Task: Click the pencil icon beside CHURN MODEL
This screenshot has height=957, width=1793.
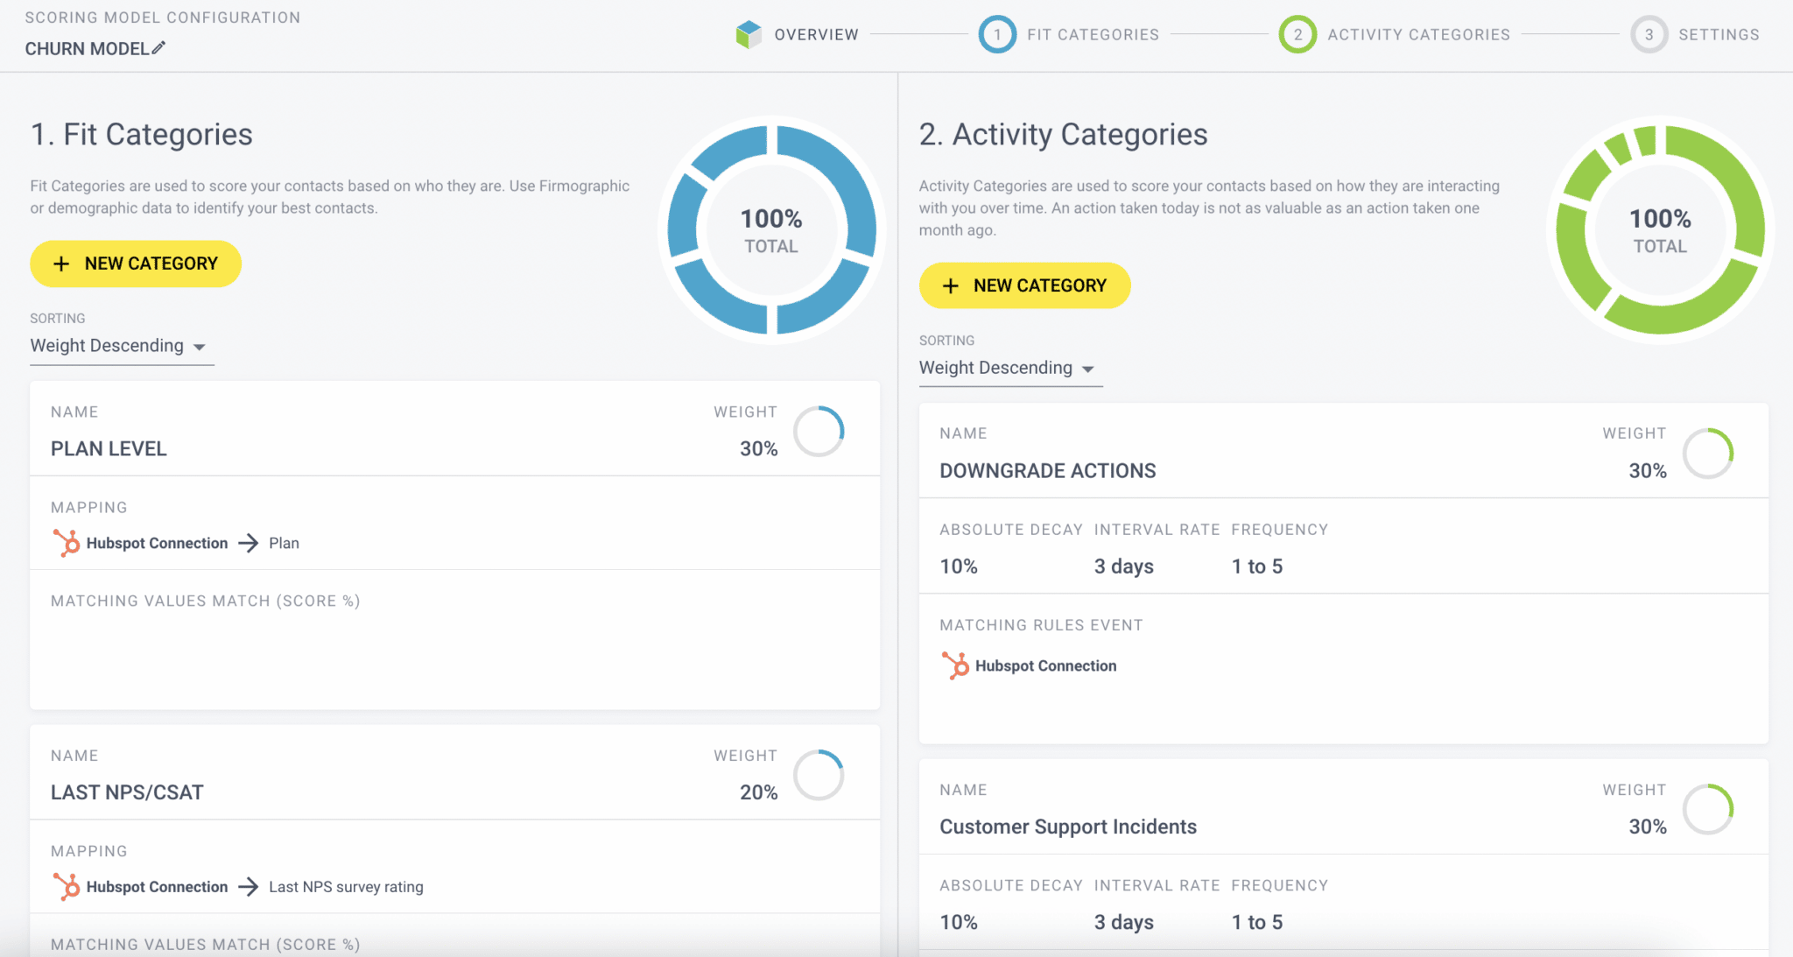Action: tap(158, 48)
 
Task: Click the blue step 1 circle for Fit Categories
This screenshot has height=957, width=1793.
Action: tap(997, 34)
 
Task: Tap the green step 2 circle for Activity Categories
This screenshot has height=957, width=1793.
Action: tap(1297, 34)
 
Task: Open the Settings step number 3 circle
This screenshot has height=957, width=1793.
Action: tap(1649, 34)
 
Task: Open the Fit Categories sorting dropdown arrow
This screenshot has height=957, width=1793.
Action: tap(200, 347)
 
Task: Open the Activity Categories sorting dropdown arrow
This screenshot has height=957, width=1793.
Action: tap(1088, 369)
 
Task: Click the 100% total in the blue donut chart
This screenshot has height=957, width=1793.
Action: tap(771, 218)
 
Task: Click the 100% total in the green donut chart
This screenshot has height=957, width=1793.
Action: tap(1660, 218)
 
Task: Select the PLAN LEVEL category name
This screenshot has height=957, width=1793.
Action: tap(109, 449)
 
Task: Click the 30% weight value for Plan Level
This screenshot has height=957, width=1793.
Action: tap(758, 449)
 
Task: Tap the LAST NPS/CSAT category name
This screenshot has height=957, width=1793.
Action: tap(127, 792)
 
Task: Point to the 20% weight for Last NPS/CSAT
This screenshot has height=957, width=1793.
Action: tap(758, 792)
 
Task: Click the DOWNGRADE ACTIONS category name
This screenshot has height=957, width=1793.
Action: tap(1048, 471)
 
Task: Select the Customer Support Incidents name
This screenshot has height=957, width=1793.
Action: tap(1068, 827)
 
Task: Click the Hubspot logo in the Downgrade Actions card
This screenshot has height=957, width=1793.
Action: tap(955, 665)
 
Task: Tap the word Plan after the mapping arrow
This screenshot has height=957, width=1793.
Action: tap(284, 543)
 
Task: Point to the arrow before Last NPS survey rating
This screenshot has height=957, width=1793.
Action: tap(249, 887)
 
